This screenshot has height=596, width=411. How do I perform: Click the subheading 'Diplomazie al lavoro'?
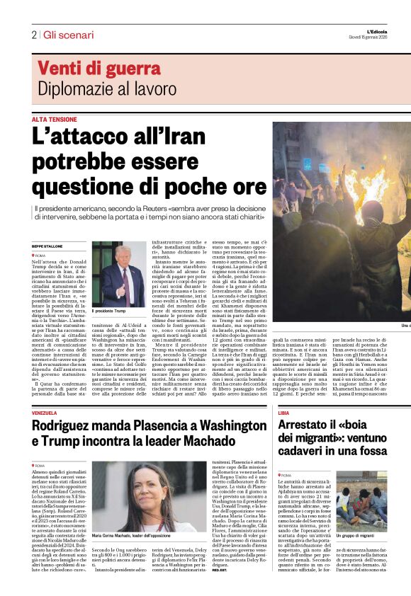point(106,88)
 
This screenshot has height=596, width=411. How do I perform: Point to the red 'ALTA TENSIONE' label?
point(54,120)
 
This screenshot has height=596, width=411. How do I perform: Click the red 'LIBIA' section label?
point(283,413)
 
